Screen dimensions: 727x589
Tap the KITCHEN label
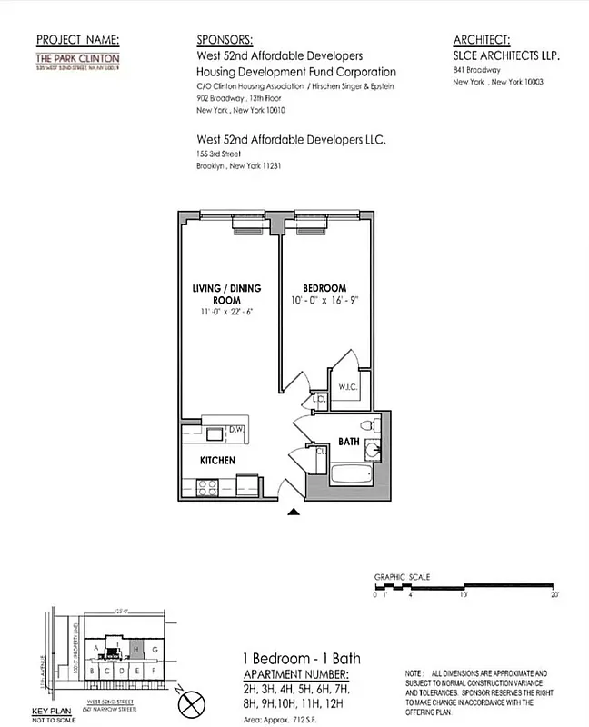[x=218, y=461]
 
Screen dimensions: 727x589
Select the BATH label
[x=350, y=442]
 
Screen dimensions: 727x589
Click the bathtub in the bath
[x=351, y=474]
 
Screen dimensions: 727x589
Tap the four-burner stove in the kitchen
[x=208, y=486]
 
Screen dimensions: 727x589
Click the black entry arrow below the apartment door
[x=294, y=513]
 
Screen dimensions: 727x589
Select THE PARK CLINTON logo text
[x=77, y=59]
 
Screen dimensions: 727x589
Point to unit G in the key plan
[x=155, y=650]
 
